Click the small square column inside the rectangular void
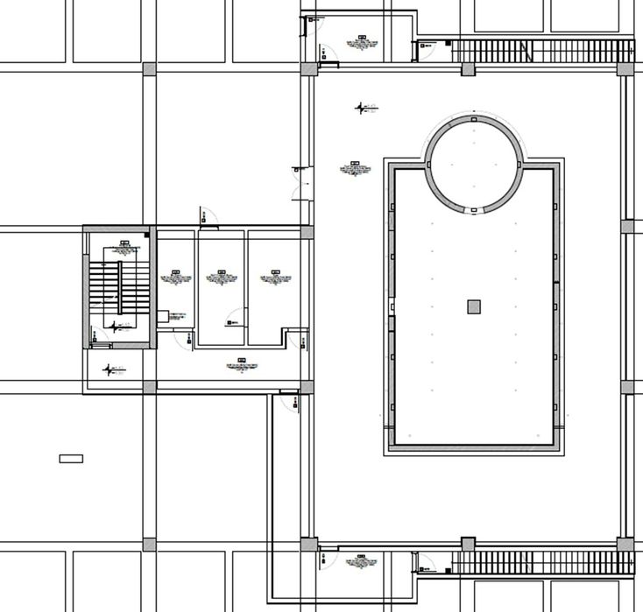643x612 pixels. (474, 306)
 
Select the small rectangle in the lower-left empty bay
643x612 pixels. (71, 458)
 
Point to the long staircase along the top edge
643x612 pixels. (543, 50)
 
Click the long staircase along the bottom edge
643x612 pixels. (543, 562)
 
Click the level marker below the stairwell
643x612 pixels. (112, 369)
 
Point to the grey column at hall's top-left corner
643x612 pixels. (307, 68)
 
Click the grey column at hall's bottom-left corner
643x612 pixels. (307, 544)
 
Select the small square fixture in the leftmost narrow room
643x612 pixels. (163, 317)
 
